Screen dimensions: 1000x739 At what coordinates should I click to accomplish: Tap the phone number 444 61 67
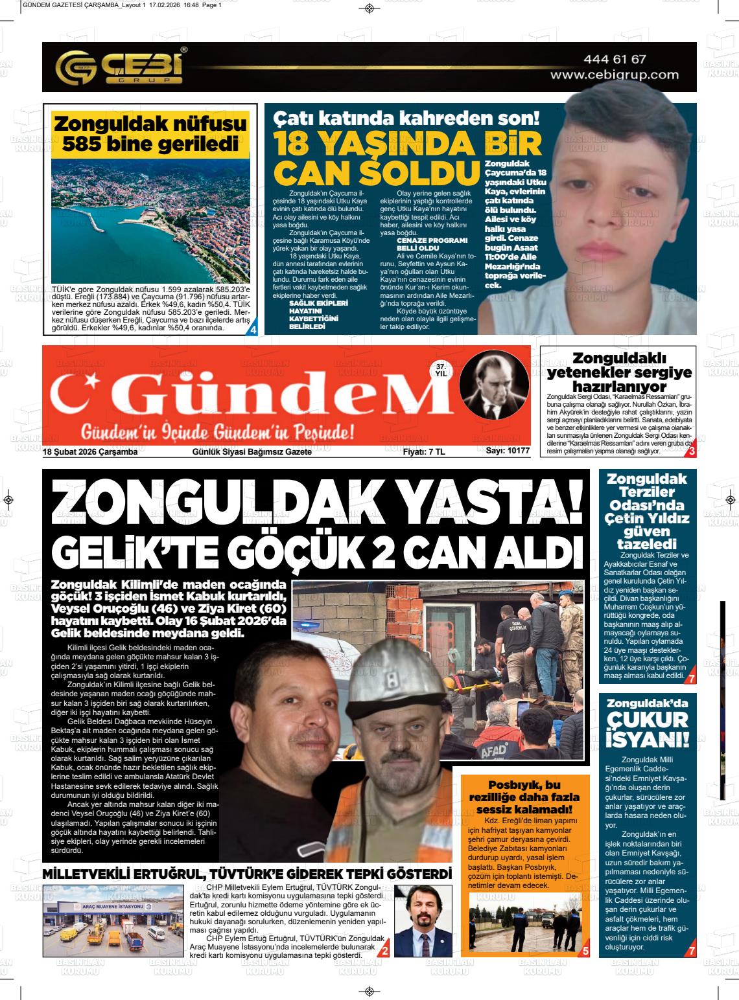pos(615,59)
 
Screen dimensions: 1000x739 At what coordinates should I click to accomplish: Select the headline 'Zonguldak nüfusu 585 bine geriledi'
pos(150,133)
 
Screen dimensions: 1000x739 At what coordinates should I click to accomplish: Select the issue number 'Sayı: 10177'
pos(508,451)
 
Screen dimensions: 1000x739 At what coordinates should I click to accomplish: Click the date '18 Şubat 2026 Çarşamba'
pos(90,452)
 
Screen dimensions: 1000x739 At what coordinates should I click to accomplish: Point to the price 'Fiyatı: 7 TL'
pos(423,452)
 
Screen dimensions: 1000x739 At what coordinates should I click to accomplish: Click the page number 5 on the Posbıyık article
pos(585,951)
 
